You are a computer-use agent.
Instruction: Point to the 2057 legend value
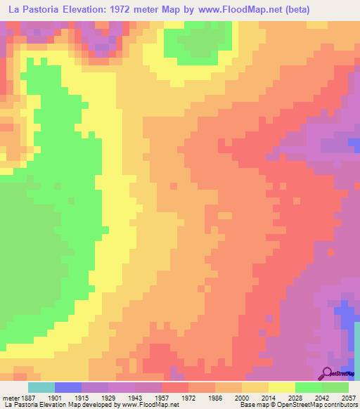[342, 397]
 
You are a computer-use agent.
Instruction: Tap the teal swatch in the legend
[41, 387]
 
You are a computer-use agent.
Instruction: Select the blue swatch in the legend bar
[67, 387]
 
